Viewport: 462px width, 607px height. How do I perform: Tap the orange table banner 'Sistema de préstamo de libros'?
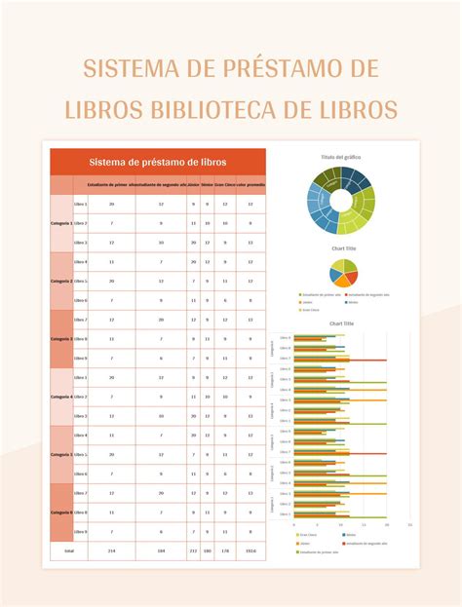(157, 162)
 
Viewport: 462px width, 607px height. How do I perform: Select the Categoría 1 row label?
(61, 223)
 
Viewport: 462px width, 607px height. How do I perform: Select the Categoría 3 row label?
(61, 338)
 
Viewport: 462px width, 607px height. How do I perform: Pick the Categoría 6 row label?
(61, 512)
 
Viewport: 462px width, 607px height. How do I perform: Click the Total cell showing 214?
(112, 550)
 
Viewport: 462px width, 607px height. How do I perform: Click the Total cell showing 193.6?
(251, 550)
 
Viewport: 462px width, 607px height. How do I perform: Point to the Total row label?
(68, 550)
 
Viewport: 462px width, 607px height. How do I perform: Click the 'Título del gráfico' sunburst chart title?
(341, 156)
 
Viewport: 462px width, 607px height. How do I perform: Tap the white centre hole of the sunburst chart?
(341, 201)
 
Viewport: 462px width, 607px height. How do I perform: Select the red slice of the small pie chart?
(348, 264)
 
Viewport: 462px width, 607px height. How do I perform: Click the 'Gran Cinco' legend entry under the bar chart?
(308, 534)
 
